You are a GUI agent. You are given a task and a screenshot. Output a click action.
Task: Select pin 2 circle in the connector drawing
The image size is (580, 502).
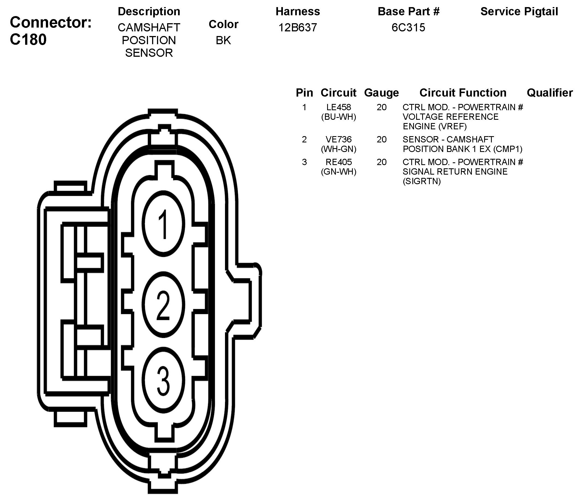(163, 305)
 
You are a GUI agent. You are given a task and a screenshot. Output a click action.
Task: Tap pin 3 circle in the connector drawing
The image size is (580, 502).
(163, 380)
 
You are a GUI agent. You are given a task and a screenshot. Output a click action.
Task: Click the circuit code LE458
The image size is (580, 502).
(339, 107)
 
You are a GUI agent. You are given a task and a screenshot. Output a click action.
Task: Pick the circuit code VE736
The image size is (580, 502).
(339, 139)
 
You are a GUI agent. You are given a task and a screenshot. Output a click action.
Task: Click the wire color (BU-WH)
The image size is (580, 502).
(339, 117)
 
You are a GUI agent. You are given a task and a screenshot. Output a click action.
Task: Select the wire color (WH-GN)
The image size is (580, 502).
(339, 149)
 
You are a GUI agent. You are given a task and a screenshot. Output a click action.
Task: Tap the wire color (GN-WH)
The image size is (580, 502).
(339, 171)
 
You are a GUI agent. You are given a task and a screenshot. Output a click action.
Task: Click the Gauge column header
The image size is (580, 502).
(381, 93)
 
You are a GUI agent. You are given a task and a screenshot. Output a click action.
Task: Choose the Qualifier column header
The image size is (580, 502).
(550, 93)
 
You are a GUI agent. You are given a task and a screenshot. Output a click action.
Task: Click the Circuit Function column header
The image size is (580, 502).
(463, 93)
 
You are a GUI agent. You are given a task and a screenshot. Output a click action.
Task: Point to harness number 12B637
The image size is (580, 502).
(298, 28)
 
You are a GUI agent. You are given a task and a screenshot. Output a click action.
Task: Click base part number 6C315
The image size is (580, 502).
(409, 28)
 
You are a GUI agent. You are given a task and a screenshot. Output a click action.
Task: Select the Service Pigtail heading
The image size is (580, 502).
(519, 11)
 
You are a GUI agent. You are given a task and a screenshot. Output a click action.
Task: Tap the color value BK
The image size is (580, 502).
(223, 41)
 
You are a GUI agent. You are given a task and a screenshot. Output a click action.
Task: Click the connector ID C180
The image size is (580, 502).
(28, 40)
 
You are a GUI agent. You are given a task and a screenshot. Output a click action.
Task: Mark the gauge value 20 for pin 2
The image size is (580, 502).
(381, 139)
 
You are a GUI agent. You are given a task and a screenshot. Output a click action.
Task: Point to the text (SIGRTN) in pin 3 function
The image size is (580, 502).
(422, 181)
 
